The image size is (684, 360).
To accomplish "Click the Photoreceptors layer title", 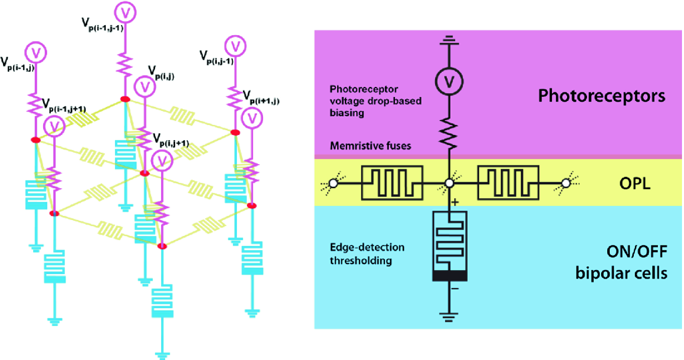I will [601, 96].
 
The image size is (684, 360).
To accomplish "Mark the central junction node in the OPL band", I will [450, 184].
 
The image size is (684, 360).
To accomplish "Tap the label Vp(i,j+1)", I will [171, 140].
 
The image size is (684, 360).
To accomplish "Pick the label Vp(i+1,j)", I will [260, 97].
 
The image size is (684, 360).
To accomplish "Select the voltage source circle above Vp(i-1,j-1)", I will [124, 11].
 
